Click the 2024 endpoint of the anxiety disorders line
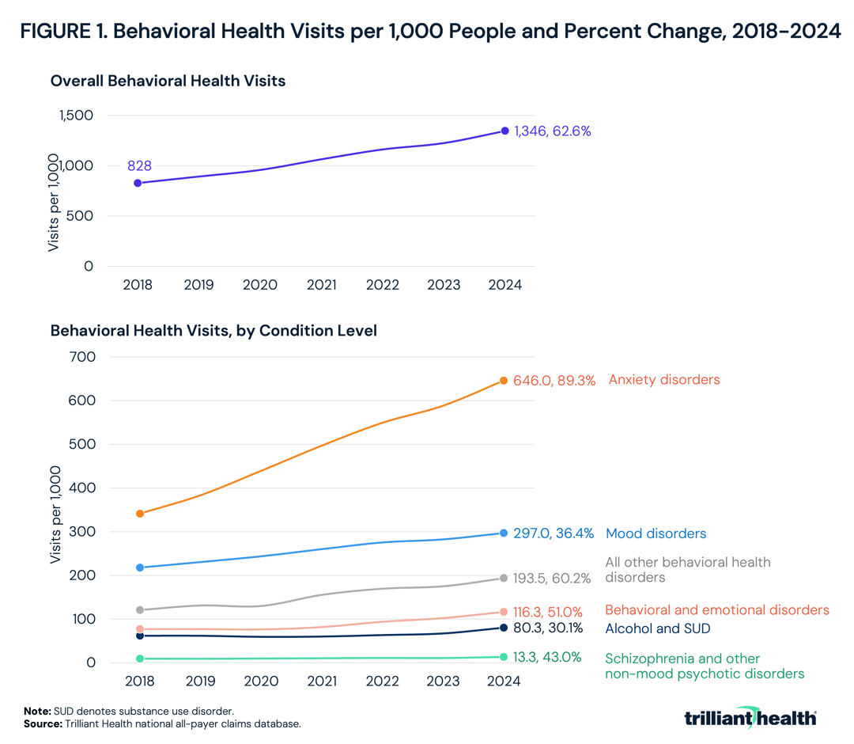(503, 381)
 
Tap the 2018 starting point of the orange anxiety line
(140, 514)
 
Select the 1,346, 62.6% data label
(553, 131)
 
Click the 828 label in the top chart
(139, 166)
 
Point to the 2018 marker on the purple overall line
(138, 183)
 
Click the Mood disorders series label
(656, 533)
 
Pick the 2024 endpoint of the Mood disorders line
(503, 533)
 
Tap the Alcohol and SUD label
(657, 628)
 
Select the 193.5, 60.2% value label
(553, 579)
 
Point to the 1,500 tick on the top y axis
(76, 116)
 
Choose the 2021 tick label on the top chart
(321, 285)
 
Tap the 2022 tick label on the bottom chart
(382, 681)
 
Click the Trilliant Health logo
(750, 718)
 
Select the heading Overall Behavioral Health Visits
(168, 81)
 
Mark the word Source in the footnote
(40, 723)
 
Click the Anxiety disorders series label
(663, 380)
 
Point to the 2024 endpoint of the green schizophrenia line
(503, 657)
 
